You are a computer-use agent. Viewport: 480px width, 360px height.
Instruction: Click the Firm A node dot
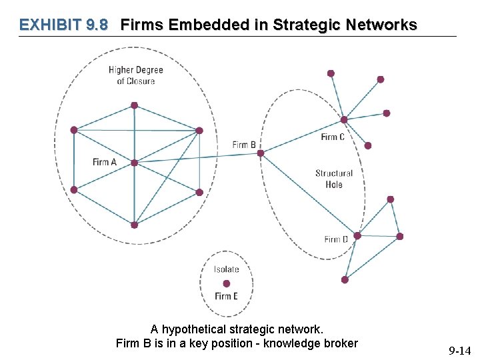coord(134,163)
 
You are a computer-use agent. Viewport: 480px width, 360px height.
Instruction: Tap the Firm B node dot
coord(261,153)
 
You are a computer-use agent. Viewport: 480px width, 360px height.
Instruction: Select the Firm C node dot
coord(344,120)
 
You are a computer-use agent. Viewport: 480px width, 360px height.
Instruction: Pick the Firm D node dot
coord(357,235)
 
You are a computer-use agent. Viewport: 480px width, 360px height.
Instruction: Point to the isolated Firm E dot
coord(227,283)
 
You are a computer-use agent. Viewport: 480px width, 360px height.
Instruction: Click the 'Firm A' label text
coord(105,162)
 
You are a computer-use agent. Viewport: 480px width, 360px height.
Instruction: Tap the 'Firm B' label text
coord(244,145)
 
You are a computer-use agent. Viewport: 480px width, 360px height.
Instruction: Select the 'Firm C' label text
coord(333,137)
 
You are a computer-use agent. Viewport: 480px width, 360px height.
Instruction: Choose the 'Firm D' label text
coord(336,239)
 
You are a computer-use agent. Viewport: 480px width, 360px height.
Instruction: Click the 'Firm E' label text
coord(227,296)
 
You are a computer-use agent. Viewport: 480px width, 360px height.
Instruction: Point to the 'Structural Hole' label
coord(334,179)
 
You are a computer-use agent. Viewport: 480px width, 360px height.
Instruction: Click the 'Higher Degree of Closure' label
coord(136,75)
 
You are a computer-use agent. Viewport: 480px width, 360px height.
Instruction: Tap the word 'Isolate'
coord(227,269)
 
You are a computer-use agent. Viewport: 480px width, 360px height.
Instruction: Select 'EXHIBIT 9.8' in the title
coord(64,25)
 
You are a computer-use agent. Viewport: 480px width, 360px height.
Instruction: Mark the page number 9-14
coord(459,351)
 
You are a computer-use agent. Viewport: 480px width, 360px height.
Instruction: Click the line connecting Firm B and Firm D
coord(309,194)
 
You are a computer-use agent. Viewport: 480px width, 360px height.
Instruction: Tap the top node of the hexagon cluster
coord(134,105)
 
